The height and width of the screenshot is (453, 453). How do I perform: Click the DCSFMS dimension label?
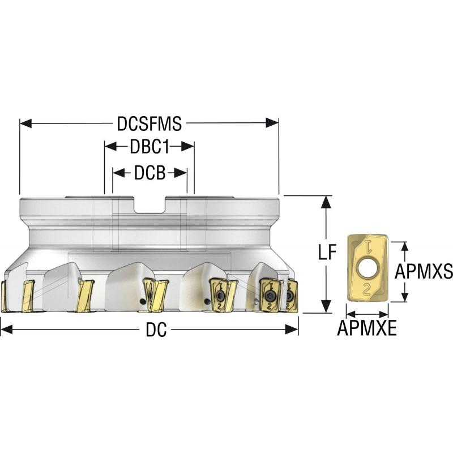(149, 123)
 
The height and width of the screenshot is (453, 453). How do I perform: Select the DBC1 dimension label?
(149, 147)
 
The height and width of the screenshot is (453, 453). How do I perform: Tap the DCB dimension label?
(149, 173)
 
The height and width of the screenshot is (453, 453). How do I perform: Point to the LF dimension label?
(327, 252)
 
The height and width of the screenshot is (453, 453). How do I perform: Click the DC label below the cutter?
(156, 330)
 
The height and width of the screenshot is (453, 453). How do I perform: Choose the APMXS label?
(424, 272)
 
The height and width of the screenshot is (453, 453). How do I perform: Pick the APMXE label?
(367, 328)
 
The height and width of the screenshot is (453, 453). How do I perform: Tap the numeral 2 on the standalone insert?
(366, 289)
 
